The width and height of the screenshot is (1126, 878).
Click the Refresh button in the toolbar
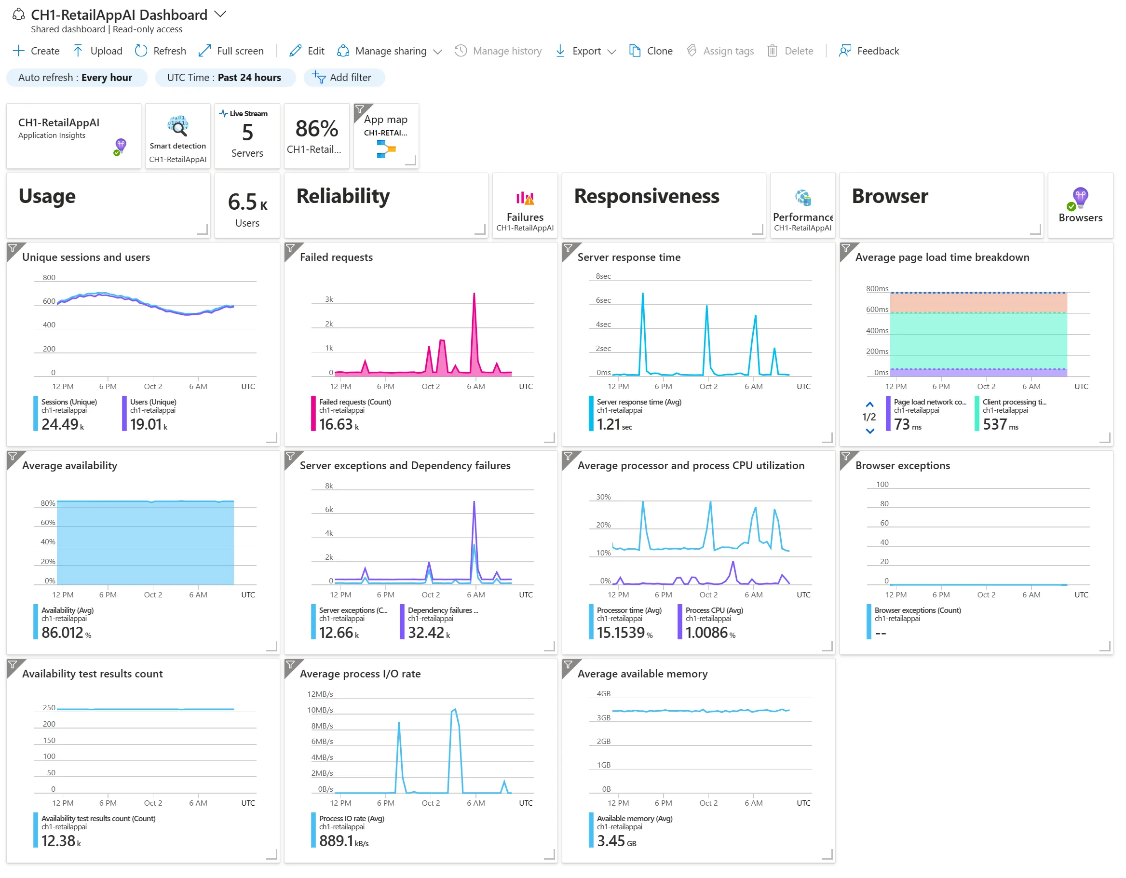[x=161, y=51]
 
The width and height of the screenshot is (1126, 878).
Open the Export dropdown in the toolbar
[x=586, y=51]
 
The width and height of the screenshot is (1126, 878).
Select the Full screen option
[x=231, y=51]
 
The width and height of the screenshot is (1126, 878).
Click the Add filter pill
[x=344, y=77]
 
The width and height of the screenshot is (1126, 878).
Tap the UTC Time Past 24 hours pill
[x=225, y=77]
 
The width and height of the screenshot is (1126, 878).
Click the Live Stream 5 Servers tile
[x=247, y=135]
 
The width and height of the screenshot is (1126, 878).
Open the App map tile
[x=386, y=135]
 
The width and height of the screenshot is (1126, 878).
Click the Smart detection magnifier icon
[x=178, y=126]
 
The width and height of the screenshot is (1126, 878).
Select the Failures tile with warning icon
[x=525, y=205]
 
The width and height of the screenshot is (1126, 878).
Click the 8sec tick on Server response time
[x=603, y=276]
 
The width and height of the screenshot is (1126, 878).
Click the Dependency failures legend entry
[x=442, y=610]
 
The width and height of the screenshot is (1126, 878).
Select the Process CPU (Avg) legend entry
[x=714, y=610]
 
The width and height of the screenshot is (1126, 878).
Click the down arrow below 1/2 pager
[x=870, y=431]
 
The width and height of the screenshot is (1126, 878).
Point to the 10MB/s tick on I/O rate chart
[x=320, y=710]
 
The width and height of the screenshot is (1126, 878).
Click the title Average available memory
[x=642, y=674]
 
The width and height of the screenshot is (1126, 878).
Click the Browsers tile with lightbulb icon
[x=1080, y=205]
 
